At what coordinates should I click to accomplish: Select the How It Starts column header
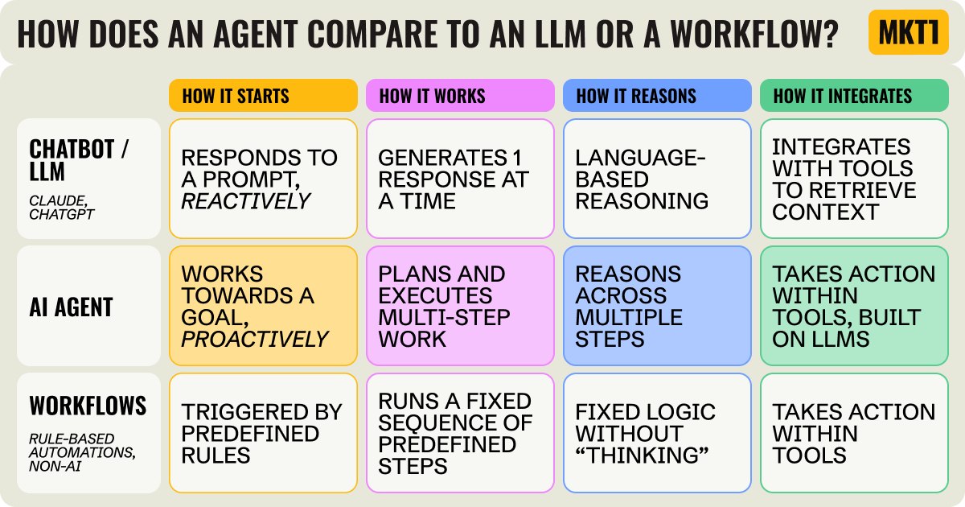263,96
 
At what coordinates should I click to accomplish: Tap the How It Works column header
460,96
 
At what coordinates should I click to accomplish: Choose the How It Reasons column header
657,96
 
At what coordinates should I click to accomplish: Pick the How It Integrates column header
854,96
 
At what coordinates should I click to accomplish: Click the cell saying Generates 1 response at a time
460,179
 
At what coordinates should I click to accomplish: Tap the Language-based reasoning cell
657,179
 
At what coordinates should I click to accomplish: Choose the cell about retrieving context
854,179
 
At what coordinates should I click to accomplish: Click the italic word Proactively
255,339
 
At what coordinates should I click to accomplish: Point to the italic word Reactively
246,200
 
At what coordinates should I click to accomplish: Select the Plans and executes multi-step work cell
460,307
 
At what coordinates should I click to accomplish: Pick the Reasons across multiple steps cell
657,307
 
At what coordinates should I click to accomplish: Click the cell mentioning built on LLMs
854,307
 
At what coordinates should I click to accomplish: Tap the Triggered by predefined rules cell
263,433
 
